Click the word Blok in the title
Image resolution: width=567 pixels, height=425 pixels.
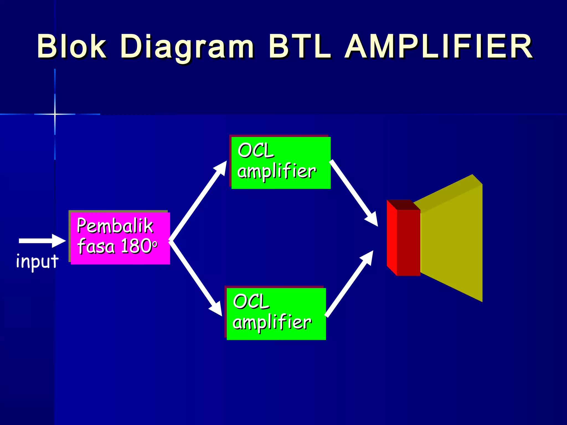71,46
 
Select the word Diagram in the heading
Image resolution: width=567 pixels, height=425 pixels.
187,47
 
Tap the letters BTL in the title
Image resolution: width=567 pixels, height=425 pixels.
300,46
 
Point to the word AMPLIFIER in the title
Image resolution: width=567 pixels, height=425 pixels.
439,46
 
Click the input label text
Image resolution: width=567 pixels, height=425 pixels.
37,261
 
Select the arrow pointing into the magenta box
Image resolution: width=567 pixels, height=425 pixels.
42,241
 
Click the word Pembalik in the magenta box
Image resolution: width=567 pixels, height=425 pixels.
115,226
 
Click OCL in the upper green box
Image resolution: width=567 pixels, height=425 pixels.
256,151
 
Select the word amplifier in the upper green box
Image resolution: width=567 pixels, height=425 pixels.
277,172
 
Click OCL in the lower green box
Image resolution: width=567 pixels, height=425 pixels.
251,302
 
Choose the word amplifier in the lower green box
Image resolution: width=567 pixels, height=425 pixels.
272,323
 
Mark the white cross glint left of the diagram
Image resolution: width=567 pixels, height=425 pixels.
55,114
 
